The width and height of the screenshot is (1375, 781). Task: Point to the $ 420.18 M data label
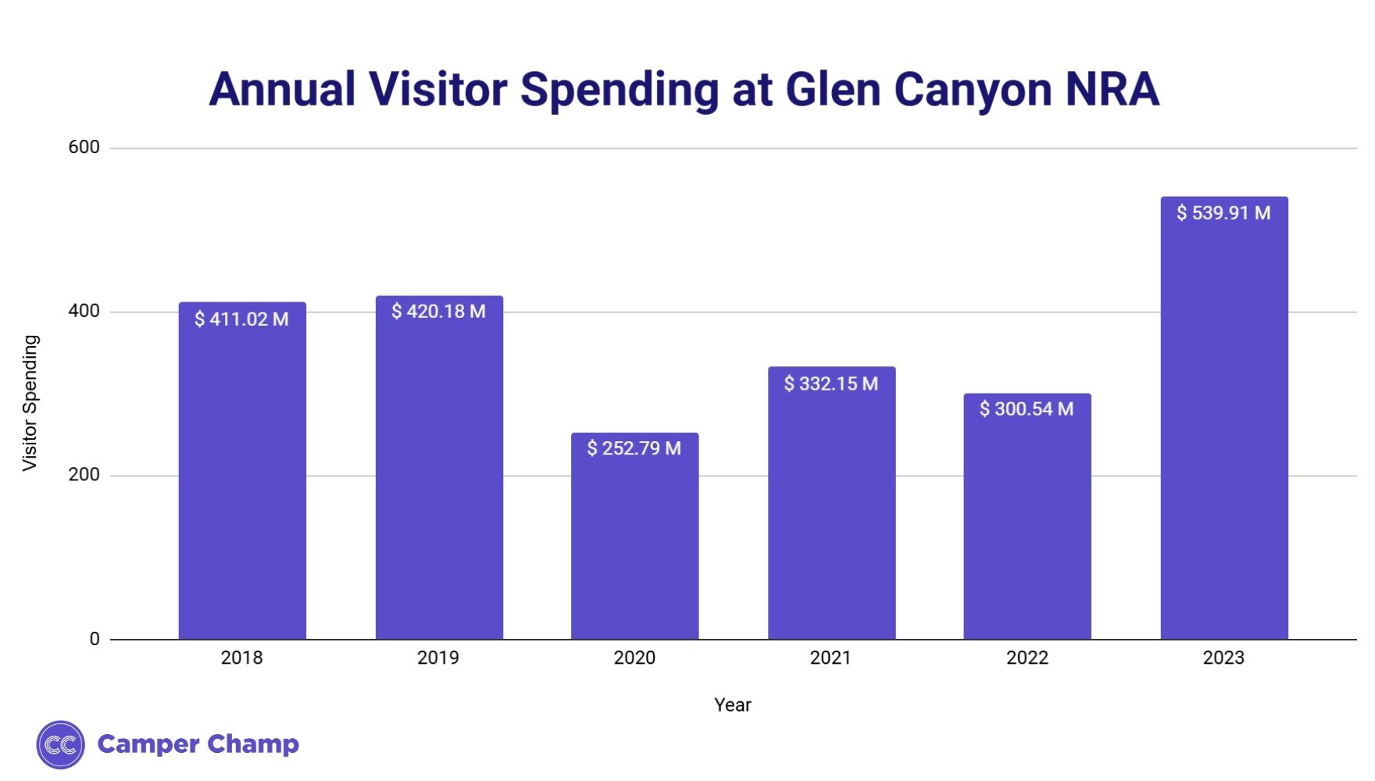click(x=438, y=312)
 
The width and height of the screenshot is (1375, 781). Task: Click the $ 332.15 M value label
click(x=830, y=383)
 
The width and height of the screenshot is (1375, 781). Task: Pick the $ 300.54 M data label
click(x=1027, y=408)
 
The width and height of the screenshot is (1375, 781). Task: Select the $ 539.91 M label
click(x=1223, y=212)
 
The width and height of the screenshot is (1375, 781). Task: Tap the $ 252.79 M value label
click(x=634, y=448)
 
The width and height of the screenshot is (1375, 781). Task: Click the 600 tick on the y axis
click(x=84, y=147)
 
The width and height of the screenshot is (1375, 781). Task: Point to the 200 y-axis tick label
click(x=84, y=475)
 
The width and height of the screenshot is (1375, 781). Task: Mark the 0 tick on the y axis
click(x=95, y=639)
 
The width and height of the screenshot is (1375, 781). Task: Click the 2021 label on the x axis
click(x=830, y=658)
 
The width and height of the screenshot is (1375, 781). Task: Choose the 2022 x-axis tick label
click(x=1027, y=658)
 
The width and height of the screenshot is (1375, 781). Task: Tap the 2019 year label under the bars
click(x=437, y=658)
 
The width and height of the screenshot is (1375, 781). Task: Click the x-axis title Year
click(x=732, y=704)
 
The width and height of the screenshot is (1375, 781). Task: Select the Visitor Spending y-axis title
click(x=30, y=403)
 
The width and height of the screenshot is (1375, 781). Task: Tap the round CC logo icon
click(x=60, y=744)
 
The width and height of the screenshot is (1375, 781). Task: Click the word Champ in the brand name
click(x=254, y=744)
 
